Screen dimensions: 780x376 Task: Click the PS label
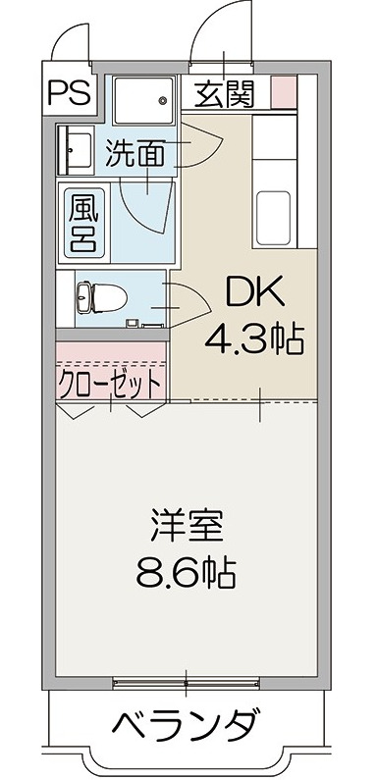pyautogui.click(x=68, y=93)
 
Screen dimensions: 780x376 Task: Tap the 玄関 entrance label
pyautogui.click(x=224, y=94)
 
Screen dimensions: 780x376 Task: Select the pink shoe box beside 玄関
pyautogui.click(x=283, y=94)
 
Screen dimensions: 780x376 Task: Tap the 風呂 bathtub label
pyautogui.click(x=81, y=222)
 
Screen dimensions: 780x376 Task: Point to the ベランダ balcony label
pyautogui.click(x=187, y=730)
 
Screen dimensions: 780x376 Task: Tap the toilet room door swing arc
pyautogui.click(x=188, y=300)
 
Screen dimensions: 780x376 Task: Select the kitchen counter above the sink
pyautogui.click(x=278, y=147)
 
